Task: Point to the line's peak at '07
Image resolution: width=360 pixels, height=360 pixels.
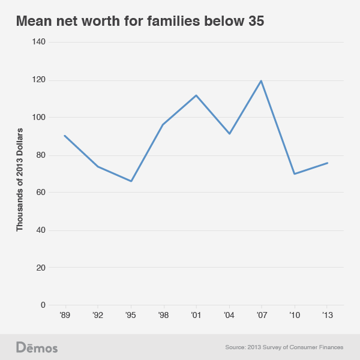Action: point(262,80)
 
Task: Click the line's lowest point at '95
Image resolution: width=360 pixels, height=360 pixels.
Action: point(131,181)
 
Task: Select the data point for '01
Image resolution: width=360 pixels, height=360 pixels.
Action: point(196,95)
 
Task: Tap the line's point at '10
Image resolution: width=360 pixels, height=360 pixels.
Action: point(295,174)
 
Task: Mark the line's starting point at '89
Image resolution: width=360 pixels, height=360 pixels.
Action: point(65,136)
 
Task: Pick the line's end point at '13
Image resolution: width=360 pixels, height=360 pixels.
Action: point(327,163)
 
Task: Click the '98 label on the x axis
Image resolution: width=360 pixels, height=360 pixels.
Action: point(163,315)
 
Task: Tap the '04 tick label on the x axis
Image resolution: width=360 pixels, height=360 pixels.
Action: point(229,315)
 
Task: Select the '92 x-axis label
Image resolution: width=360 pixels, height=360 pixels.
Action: point(98,315)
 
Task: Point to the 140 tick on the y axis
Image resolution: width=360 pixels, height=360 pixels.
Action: point(39,42)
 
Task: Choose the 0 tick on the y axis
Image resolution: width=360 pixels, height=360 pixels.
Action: point(43,305)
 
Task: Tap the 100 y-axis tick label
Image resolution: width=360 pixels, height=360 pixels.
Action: point(39,118)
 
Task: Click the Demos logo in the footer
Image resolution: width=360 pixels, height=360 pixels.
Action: point(37,347)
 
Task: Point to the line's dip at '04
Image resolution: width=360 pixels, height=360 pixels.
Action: point(229,133)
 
